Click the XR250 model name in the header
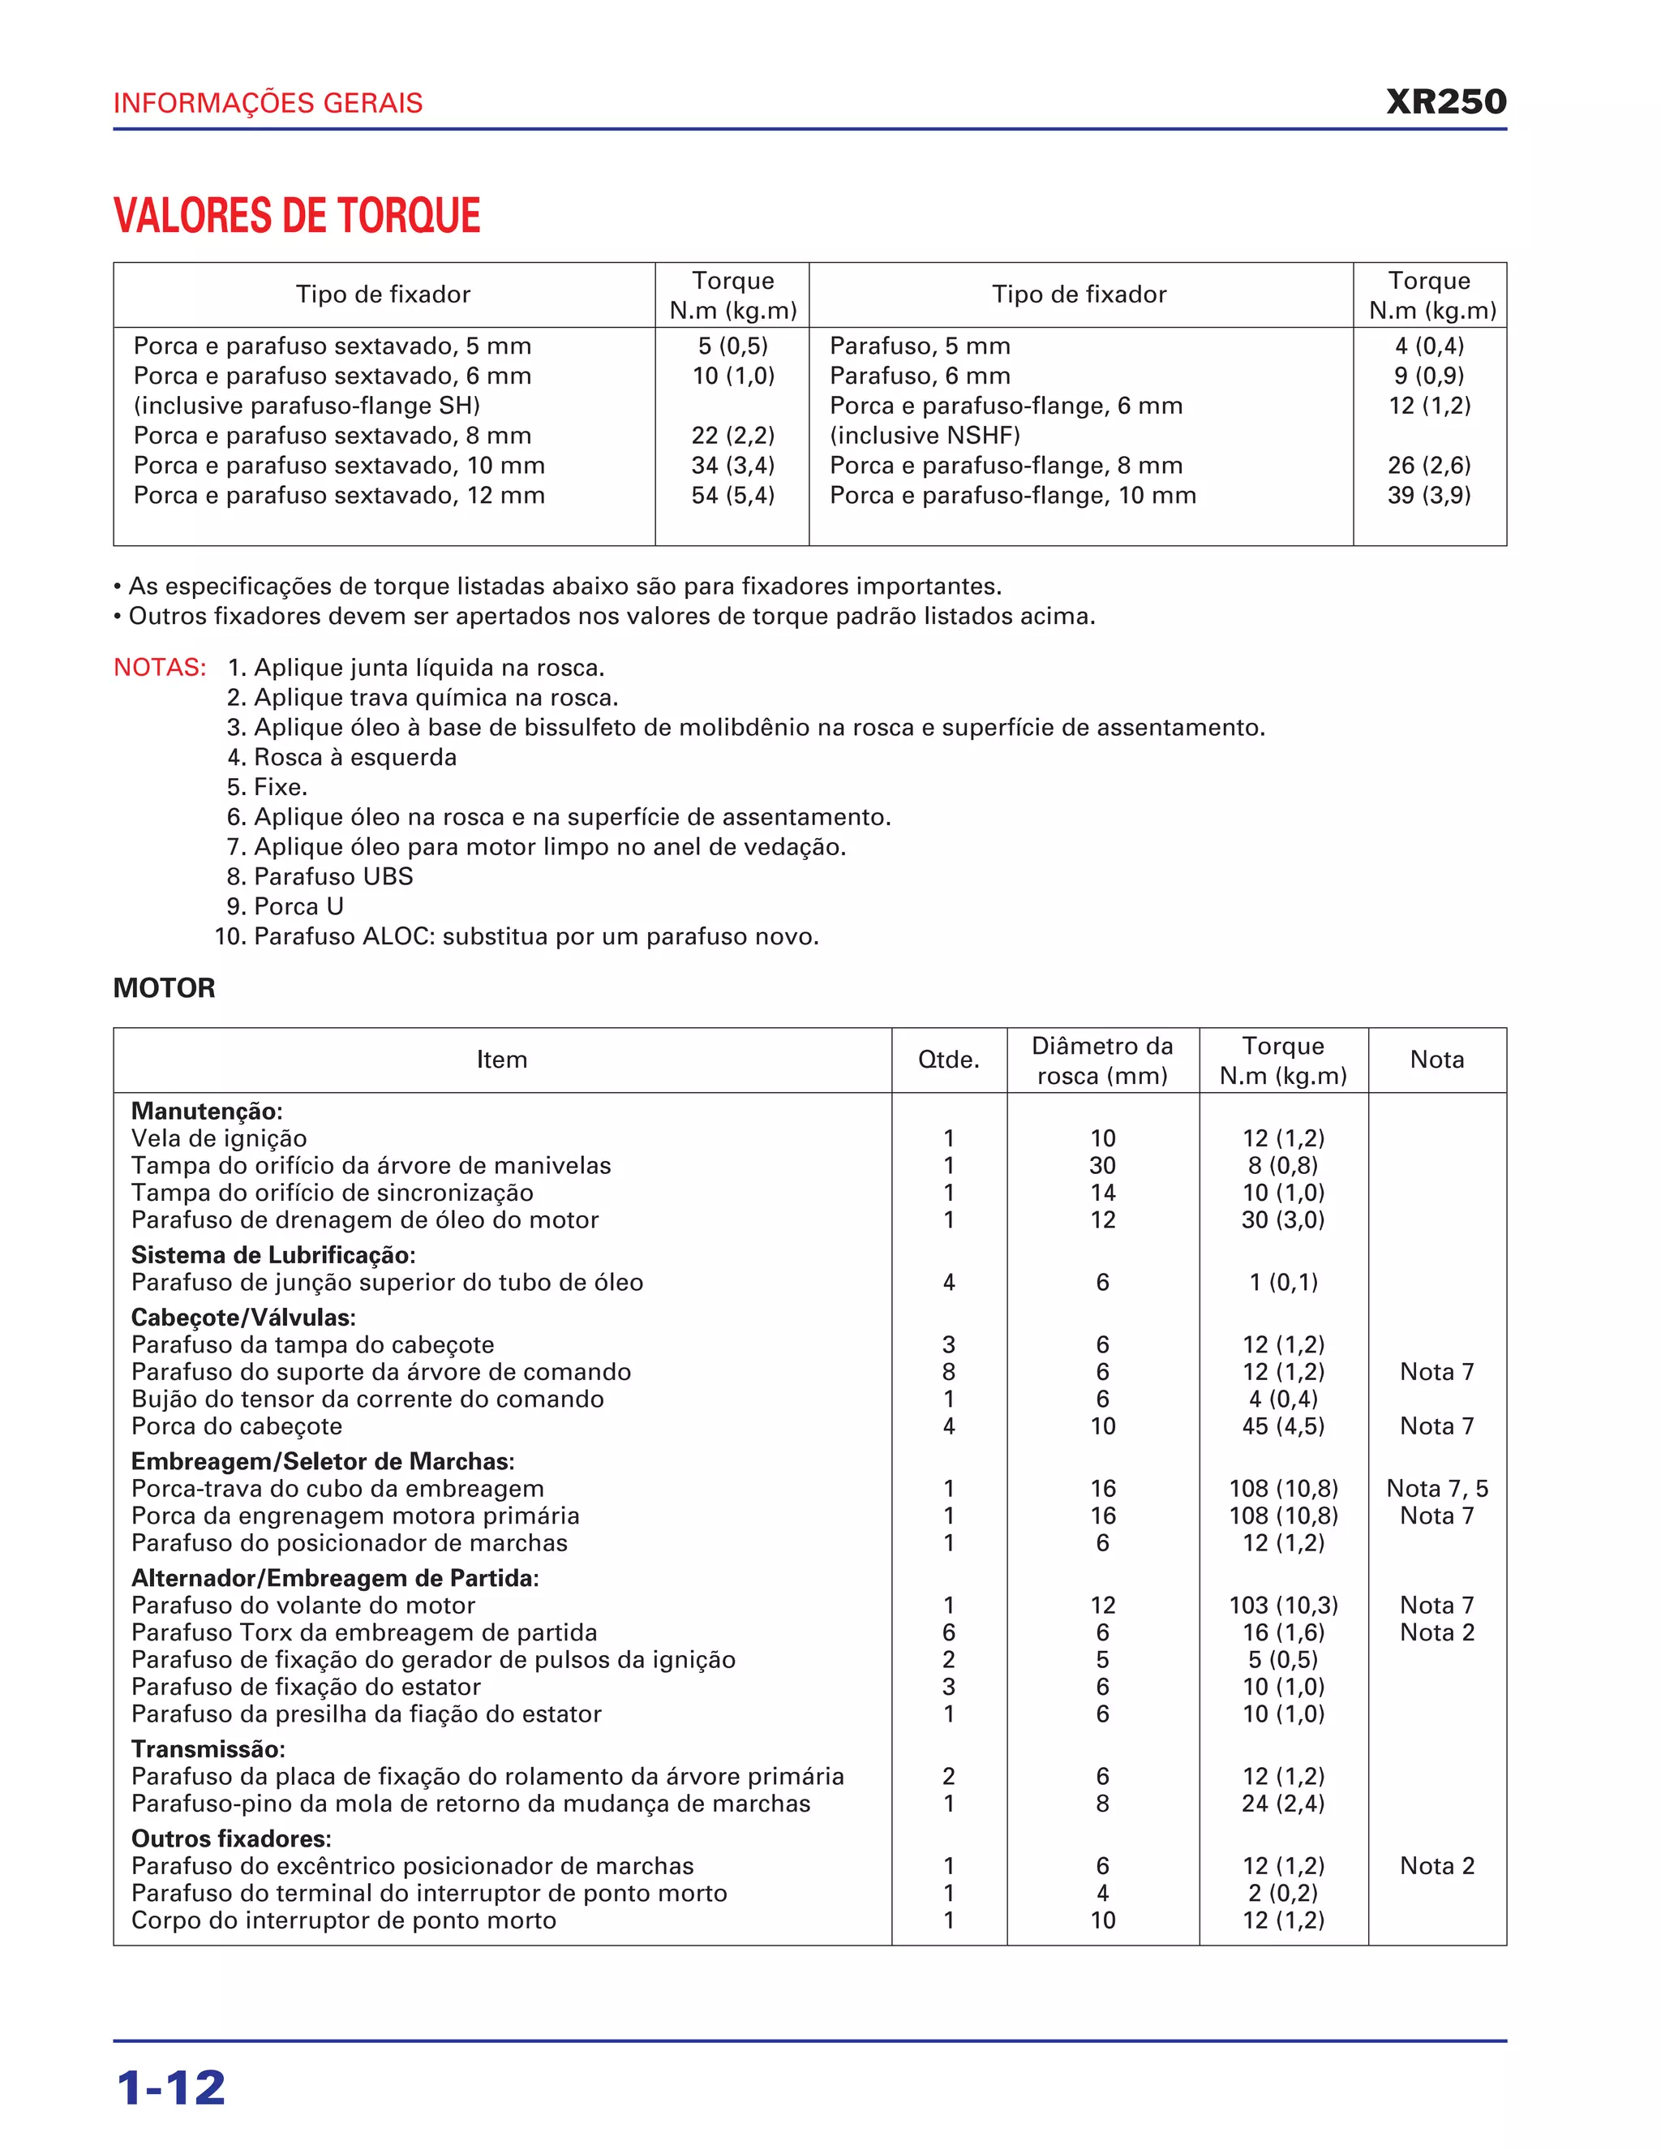(1445, 102)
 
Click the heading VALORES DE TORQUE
(297, 216)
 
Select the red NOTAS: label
(160, 668)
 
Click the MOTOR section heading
(165, 987)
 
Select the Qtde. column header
(949, 1060)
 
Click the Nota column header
(1436, 1060)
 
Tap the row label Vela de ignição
(220, 1138)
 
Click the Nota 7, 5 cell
(1436, 1489)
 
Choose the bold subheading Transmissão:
(208, 1749)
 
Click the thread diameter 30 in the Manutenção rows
(1102, 1166)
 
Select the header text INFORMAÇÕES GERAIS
(268, 103)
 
